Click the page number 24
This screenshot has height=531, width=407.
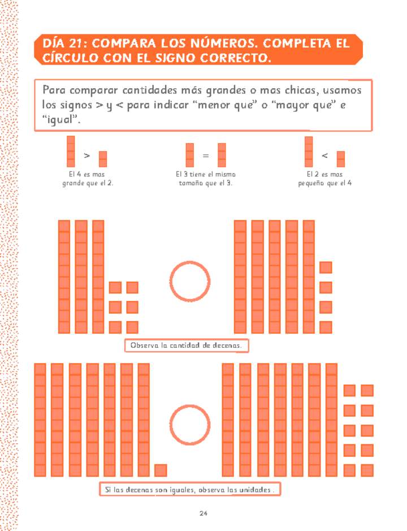pos(203,513)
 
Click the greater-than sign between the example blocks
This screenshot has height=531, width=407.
pos(86,155)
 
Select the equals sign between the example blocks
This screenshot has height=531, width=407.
pos(206,155)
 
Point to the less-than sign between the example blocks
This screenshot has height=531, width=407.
pos(324,155)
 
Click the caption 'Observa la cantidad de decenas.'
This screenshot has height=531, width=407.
pos(187,345)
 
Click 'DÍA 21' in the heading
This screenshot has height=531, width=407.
pos(62,44)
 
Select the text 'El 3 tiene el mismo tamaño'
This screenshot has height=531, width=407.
pos(206,179)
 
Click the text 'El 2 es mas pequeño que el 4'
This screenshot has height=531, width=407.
pos(324,179)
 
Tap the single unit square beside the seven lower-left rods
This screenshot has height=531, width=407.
pos(161,470)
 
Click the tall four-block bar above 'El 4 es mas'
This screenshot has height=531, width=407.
pos(71,151)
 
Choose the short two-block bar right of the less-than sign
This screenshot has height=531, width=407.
pos(340,159)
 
